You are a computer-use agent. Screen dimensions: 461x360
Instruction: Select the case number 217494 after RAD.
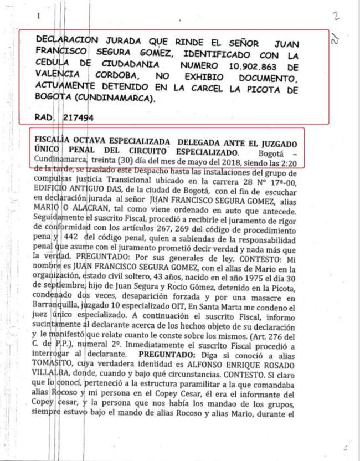[79, 117]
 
